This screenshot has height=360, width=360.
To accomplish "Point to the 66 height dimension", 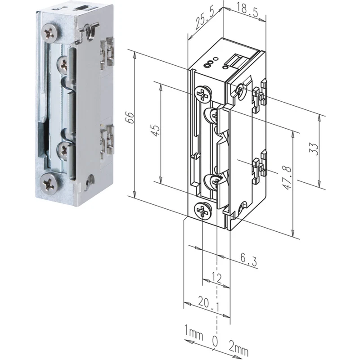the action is pyautogui.click(x=130, y=117).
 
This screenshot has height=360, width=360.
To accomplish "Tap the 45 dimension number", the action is pyautogui.click(x=156, y=130).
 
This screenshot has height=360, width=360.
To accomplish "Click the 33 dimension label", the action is pyautogui.click(x=314, y=149).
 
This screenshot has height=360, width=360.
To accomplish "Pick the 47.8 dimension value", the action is pyautogui.click(x=287, y=178).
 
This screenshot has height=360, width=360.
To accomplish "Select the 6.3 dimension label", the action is pyautogui.click(x=249, y=260).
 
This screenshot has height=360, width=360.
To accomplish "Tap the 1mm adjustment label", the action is pyautogui.click(x=194, y=334).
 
